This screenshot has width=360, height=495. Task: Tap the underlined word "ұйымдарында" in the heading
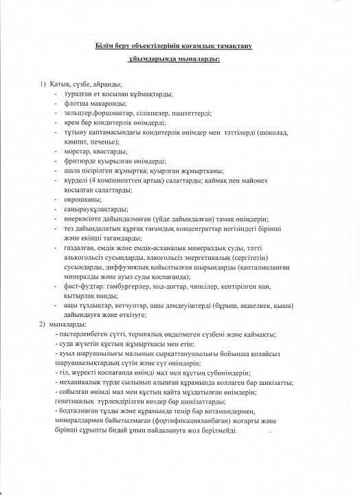[x=159, y=60]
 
